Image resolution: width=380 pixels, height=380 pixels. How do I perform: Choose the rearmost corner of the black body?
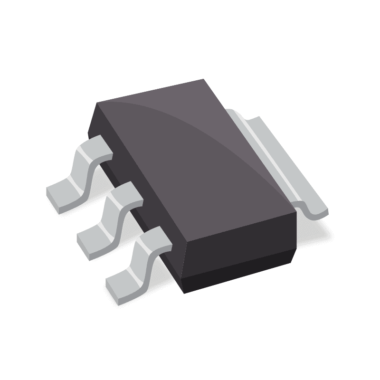[x=203, y=80]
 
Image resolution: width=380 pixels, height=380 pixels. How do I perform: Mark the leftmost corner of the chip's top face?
[x=96, y=103]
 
